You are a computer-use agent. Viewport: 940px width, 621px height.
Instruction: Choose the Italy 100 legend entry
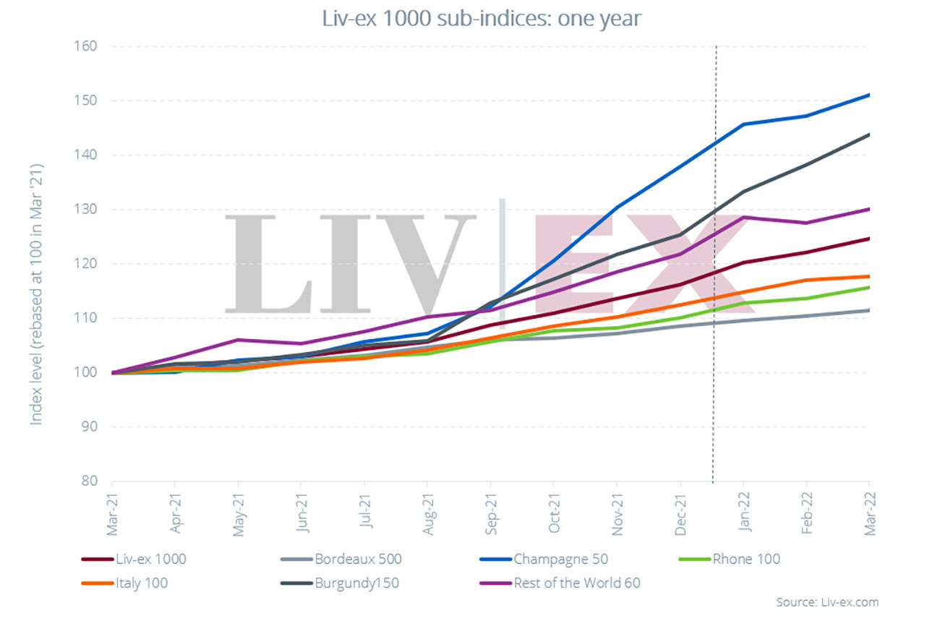coord(141,583)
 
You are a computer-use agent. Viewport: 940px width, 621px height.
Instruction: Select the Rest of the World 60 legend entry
coord(576,583)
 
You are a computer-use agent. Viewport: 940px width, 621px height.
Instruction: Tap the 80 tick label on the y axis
coord(90,481)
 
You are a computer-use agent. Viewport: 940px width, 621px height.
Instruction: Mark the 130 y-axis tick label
coord(87,210)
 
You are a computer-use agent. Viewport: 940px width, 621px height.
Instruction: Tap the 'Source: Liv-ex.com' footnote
coord(826,602)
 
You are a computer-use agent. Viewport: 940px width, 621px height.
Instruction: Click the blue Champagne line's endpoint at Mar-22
coord(868,95)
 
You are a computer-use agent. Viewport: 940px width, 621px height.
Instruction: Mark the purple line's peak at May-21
coord(238,340)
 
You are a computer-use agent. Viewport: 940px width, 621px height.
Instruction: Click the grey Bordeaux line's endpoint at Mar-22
coord(868,310)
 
